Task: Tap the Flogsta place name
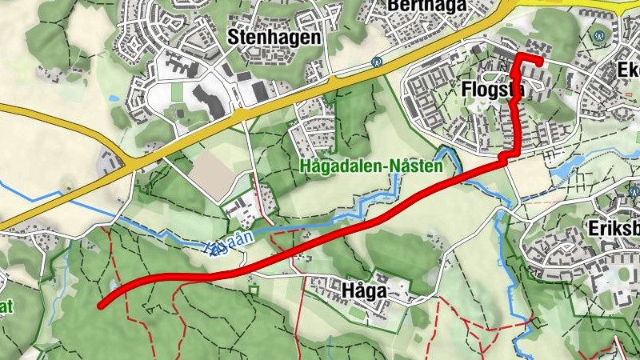492,90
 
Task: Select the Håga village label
363,291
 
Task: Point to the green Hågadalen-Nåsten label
372,167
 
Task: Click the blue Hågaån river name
229,243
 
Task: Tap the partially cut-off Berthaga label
426,6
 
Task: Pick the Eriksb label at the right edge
614,227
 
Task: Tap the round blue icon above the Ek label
599,35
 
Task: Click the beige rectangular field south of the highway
211,173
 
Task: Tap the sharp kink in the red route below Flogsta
505,158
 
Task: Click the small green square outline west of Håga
254,290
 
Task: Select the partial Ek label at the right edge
628,70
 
